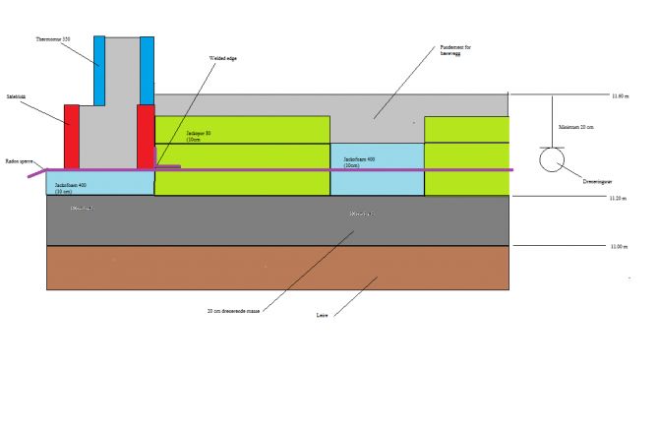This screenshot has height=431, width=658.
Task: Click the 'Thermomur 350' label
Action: point(53,39)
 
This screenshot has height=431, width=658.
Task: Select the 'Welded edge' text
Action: point(223,59)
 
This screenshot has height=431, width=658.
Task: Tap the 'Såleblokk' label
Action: point(16,96)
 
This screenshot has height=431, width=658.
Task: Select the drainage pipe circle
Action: point(552,159)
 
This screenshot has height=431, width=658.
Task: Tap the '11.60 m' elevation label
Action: point(620,95)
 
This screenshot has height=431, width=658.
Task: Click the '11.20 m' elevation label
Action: point(620,198)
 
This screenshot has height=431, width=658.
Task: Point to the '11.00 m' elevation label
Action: point(620,246)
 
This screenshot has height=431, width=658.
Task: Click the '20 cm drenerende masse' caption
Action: point(232,310)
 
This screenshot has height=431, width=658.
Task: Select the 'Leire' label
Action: point(322,316)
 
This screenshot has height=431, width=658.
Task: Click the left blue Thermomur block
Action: point(99,70)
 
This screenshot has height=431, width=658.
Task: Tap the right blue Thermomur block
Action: point(147,70)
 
